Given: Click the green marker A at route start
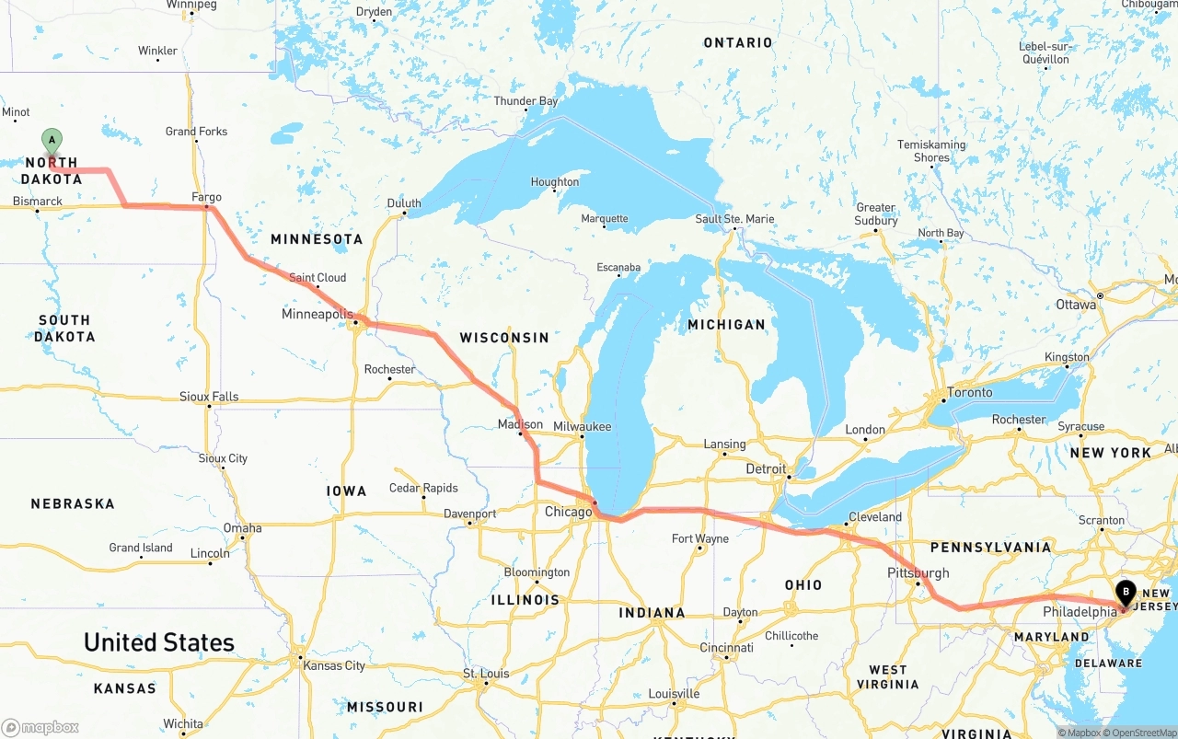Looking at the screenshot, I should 52,142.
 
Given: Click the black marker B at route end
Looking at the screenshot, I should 1126,593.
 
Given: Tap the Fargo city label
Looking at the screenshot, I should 206,197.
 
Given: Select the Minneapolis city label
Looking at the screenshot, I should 318,314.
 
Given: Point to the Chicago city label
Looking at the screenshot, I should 568,512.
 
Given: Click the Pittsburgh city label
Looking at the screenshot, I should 918,572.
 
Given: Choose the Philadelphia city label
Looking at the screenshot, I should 1080,611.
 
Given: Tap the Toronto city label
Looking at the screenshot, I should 970,392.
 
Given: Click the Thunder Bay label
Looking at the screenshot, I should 525,101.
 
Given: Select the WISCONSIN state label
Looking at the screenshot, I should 504,338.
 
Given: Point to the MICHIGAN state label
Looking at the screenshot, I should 726,324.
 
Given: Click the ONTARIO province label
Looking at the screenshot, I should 738,42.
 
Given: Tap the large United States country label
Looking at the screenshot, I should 159,642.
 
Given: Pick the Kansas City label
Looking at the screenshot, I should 334,665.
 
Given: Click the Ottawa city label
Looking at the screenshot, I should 1076,304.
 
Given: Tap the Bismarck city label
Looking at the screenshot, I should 38,201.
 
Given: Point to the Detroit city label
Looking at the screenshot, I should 766,468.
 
